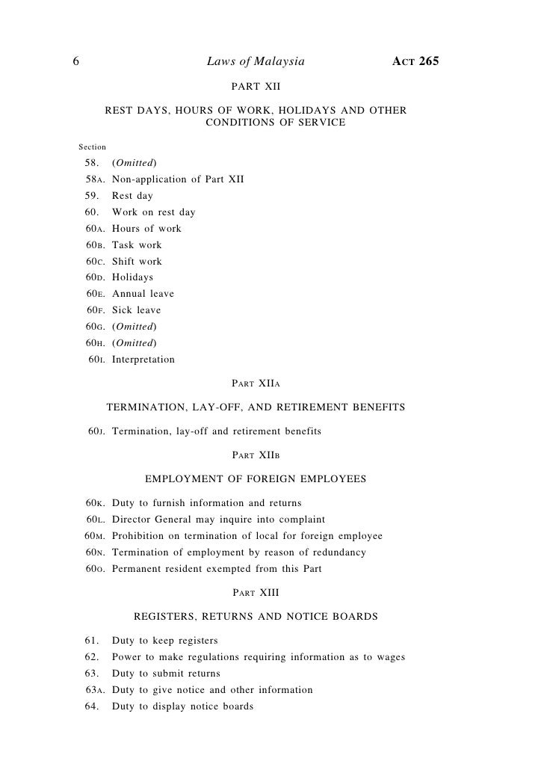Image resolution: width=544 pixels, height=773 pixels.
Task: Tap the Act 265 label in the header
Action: point(415,62)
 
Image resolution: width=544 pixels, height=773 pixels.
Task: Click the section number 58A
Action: point(94,179)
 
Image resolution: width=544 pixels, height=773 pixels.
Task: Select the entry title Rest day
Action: point(132,196)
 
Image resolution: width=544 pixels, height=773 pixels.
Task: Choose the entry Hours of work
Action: point(146,229)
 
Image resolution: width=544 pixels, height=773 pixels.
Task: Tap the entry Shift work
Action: point(137,262)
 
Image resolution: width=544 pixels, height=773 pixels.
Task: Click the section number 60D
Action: point(94,277)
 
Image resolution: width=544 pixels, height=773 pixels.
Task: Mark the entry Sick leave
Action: point(136,310)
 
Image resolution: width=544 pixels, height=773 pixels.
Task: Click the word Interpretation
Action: point(143,360)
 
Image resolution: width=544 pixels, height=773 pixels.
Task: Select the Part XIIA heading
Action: point(256,384)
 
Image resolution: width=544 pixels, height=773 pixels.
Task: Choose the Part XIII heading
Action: point(256,593)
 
